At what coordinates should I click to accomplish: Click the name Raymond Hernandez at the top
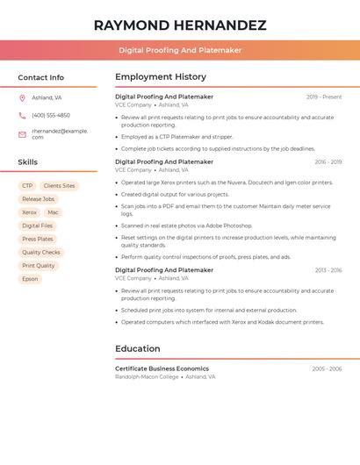coord(180,25)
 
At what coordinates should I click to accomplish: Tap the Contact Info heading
coord(40,77)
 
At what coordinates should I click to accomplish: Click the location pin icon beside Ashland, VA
coord(22,97)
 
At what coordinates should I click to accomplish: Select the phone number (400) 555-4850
coord(51,115)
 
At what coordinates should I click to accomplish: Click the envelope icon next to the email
coord(22,134)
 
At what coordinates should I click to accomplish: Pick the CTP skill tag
coord(27,186)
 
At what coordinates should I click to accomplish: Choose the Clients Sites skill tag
coord(59,186)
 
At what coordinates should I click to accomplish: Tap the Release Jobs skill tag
coord(38,199)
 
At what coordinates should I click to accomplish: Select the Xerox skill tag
coord(29,212)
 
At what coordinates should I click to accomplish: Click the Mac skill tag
coord(53,212)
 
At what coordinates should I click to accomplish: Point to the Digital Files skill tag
coord(37,225)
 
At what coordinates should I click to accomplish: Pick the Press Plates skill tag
coord(38,239)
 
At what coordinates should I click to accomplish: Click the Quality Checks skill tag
coord(41,252)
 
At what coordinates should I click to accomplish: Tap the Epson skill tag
coord(30,279)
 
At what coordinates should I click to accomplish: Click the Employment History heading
coord(161,77)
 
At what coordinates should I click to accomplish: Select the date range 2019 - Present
coord(324,97)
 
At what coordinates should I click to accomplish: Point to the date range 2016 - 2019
coord(328,162)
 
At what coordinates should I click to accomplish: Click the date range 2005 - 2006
coord(327,369)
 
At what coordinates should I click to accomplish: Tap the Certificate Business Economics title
coord(162,368)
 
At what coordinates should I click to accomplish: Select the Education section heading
coord(138,348)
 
